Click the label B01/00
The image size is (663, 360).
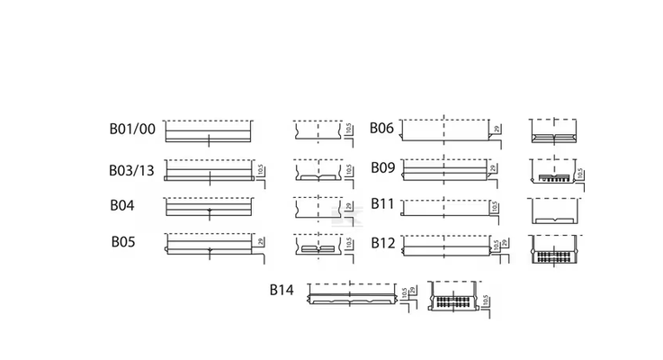[x=132, y=130]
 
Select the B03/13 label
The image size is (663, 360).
[x=132, y=170]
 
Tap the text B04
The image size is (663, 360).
[x=122, y=205]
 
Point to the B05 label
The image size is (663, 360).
[x=123, y=241]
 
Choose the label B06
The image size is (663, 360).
[x=382, y=128]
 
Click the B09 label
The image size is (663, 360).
[x=382, y=167]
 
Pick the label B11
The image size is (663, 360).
[x=382, y=204]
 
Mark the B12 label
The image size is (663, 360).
[x=382, y=242]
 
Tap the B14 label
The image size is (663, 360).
[x=282, y=290]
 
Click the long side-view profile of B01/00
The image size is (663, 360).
[x=209, y=131]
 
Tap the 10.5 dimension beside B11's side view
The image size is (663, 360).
[x=496, y=208]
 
